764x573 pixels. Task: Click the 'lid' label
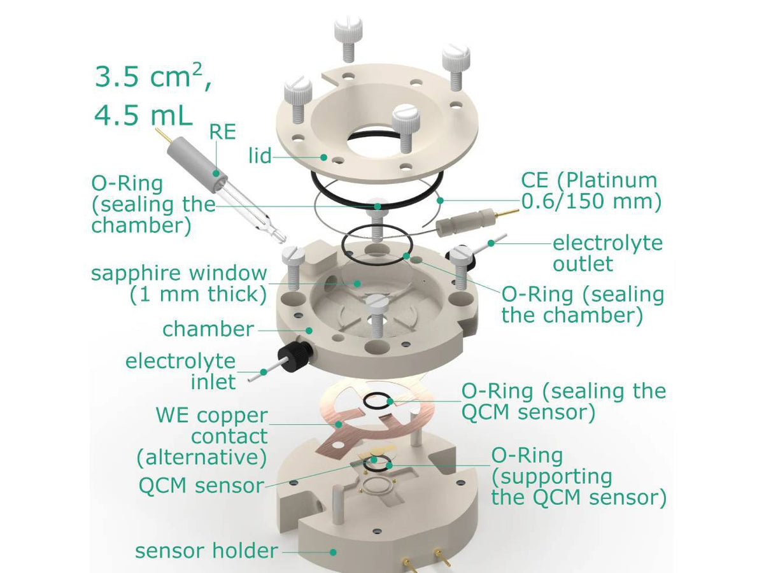point(259,155)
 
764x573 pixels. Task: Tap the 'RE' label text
point(222,132)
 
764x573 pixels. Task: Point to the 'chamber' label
point(208,329)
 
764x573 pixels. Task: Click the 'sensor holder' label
point(206,551)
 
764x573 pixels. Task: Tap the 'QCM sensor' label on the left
point(201,486)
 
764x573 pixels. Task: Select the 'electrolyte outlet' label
point(607,253)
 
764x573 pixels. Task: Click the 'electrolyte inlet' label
point(180,371)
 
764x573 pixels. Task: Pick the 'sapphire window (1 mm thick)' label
point(179,284)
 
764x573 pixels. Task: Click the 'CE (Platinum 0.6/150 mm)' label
point(590,190)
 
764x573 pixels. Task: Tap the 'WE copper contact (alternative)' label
point(203,436)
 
